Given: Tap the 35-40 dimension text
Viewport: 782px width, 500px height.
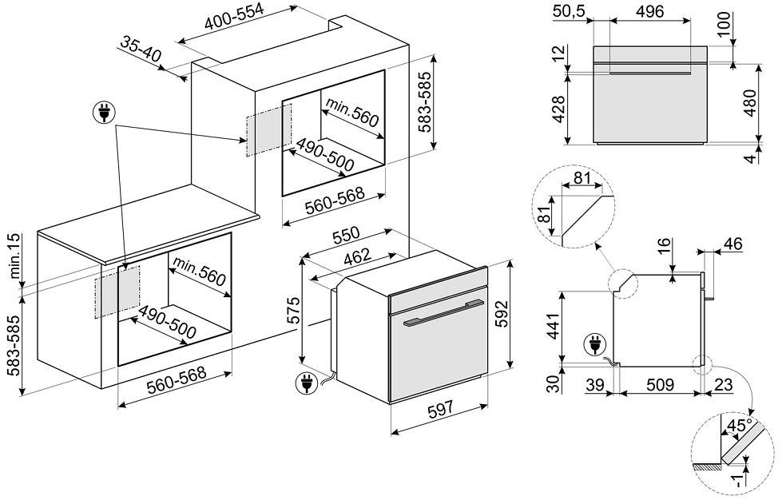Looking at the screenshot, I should pyautogui.click(x=141, y=50).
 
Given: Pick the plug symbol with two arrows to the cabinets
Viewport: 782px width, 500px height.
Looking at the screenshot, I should pyautogui.click(x=104, y=114).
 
